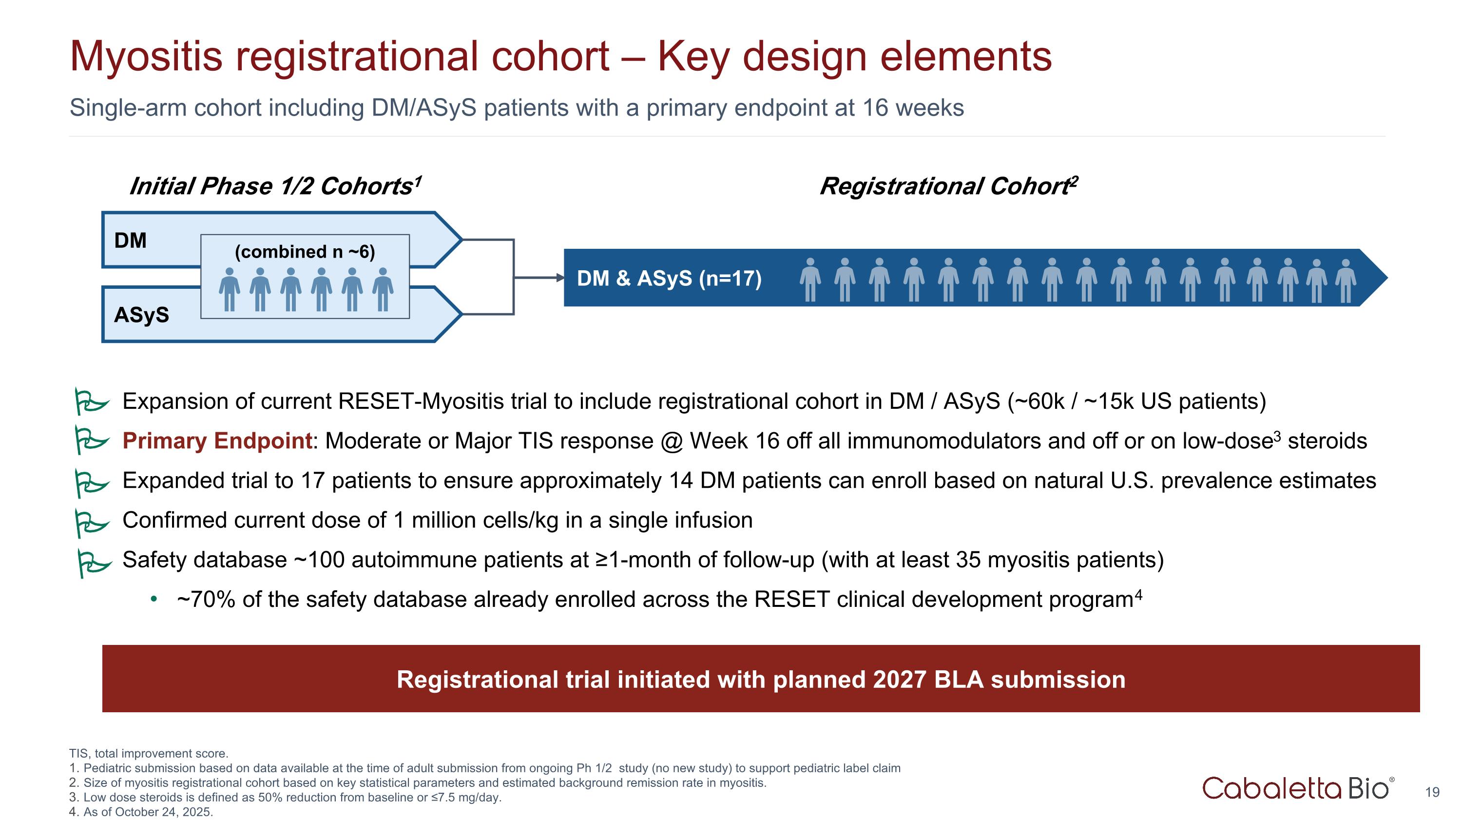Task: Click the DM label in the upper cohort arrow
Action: click(130, 240)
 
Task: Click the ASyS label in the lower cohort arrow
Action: click(141, 314)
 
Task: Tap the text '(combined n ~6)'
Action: click(305, 252)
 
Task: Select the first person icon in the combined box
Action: click(229, 289)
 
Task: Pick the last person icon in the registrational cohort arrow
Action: click(1346, 281)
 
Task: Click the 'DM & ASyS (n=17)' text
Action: click(669, 278)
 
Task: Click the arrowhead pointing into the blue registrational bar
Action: click(559, 278)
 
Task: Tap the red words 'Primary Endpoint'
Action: click(217, 441)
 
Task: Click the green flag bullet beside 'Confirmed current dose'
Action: click(91, 522)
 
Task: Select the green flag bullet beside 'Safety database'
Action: click(93, 562)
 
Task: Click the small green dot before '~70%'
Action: click(153, 599)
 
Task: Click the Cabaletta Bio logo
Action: click(1297, 788)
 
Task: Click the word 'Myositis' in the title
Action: click(146, 57)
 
